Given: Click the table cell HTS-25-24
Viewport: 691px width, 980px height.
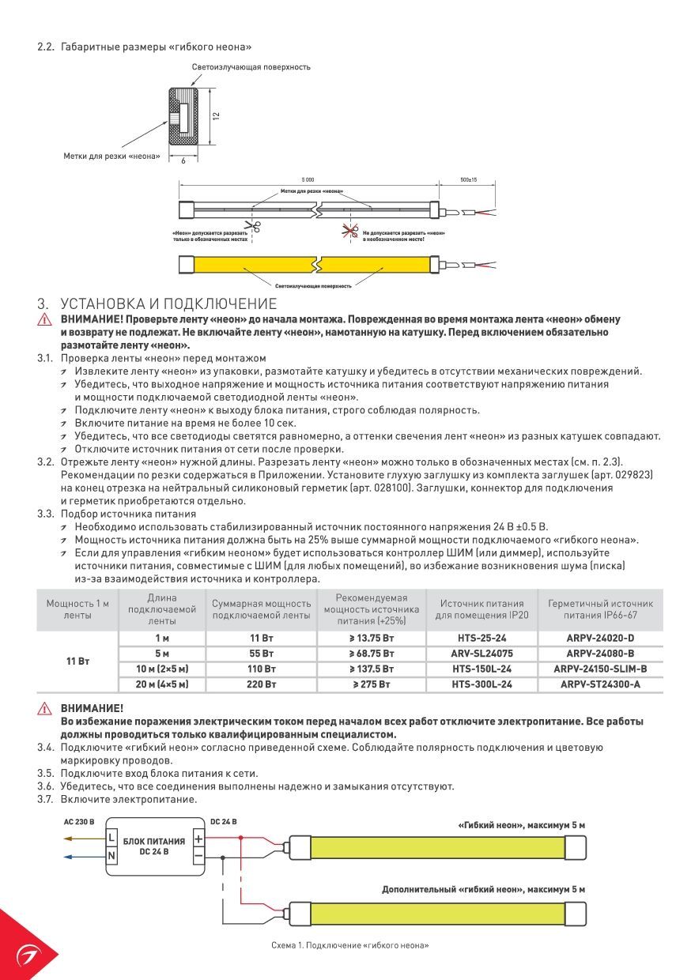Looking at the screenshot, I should (481, 638).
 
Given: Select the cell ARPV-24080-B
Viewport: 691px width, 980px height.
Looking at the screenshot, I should (600, 654).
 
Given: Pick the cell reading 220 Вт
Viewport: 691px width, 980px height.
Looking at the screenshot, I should (262, 684).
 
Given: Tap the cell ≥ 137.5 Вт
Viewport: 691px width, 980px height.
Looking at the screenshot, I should (371, 669).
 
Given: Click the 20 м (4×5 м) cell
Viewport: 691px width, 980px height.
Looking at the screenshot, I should (162, 684).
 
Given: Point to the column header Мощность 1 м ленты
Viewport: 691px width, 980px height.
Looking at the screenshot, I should (77, 609).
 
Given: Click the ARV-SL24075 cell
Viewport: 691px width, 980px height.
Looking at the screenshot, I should (481, 654).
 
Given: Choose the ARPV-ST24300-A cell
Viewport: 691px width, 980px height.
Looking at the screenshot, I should (600, 684).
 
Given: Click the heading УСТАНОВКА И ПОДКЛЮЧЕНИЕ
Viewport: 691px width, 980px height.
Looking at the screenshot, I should (168, 304).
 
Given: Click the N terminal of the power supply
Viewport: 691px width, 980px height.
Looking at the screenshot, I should (111, 855).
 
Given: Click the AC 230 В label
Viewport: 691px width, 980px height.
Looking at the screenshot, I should (78, 822).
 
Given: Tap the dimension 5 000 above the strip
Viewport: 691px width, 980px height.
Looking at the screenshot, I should (308, 180).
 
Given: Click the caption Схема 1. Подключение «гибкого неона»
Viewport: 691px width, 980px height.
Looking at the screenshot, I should (349, 945).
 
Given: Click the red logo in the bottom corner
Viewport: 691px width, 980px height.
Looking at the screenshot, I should (26, 954).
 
